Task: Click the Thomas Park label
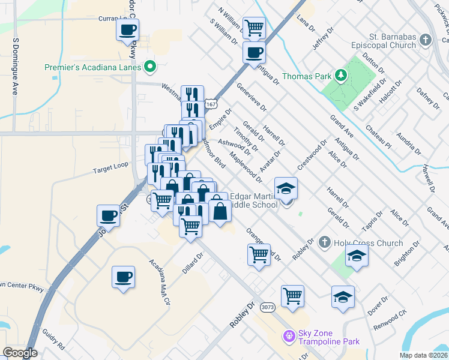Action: [x=304, y=76]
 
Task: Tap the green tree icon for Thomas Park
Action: [x=342, y=75]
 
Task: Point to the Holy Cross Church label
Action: [x=369, y=243]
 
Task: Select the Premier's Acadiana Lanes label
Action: [x=93, y=67]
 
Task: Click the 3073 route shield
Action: [x=268, y=307]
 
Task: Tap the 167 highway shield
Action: [x=210, y=104]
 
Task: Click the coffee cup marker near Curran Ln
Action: [x=127, y=30]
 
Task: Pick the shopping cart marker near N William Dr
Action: [x=255, y=27]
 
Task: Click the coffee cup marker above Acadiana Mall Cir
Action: [x=123, y=277]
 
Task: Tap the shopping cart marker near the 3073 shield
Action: [x=292, y=295]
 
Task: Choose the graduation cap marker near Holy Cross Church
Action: [x=357, y=256]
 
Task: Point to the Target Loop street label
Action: [x=110, y=170]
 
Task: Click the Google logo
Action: [x=20, y=353]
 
